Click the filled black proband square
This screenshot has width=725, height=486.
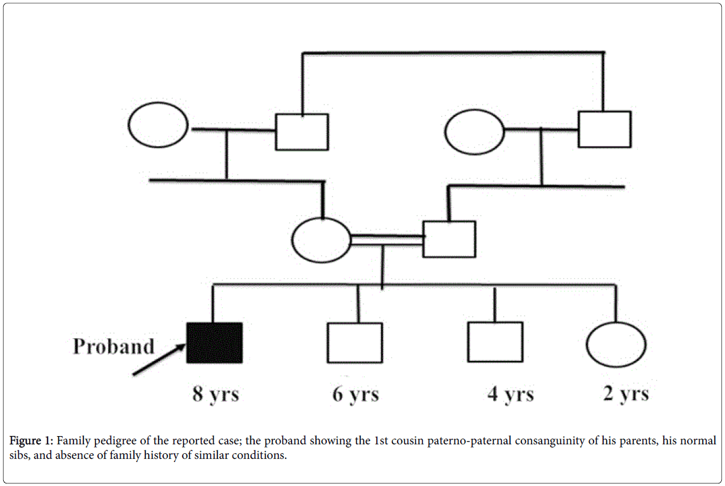214,343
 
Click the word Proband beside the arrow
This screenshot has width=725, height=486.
114,346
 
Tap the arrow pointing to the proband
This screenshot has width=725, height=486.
159,360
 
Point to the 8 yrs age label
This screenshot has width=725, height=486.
216,394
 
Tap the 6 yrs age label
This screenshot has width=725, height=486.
356,394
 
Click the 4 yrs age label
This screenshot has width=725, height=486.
511,394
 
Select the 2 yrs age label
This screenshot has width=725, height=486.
626,393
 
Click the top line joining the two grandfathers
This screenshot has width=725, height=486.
453,52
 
